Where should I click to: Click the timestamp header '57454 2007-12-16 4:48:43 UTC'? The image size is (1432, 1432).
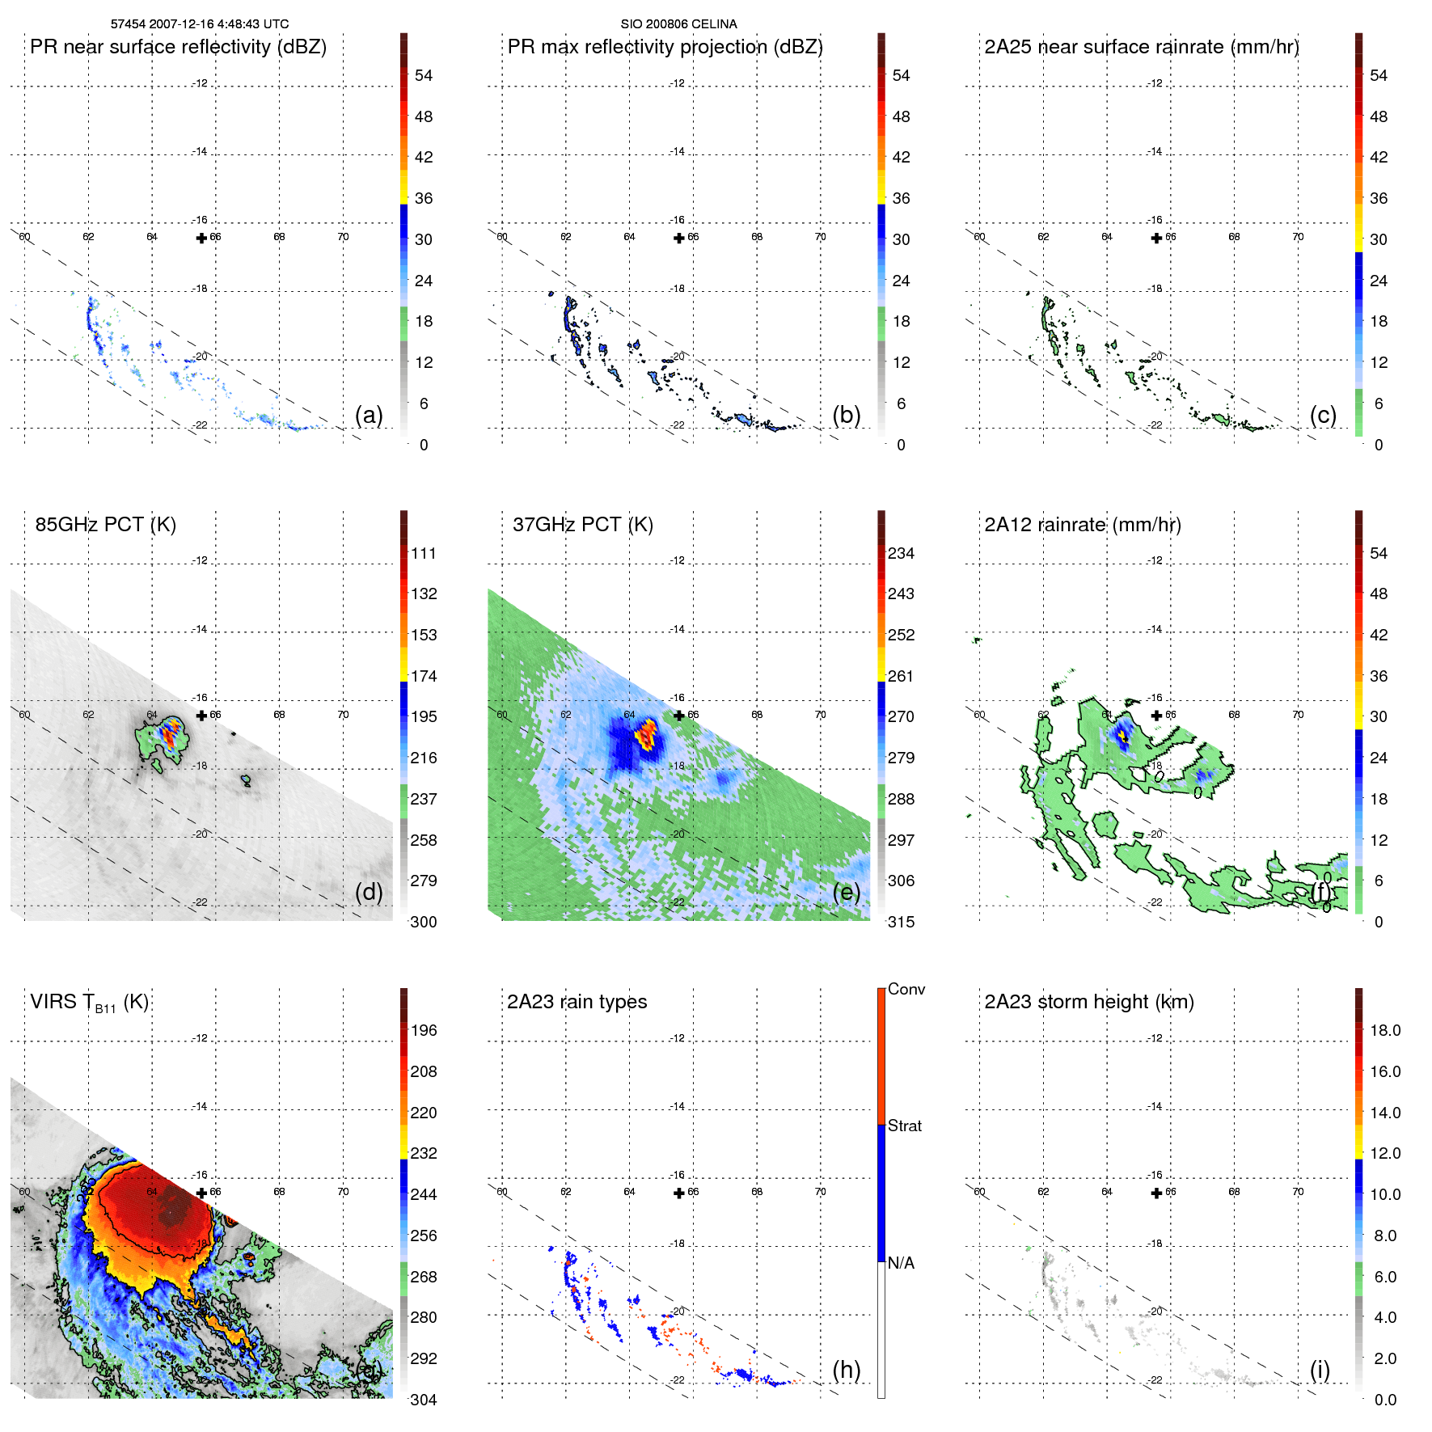click(200, 24)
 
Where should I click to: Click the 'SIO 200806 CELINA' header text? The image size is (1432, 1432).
click(678, 24)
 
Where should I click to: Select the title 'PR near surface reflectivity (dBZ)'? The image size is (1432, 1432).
click(178, 47)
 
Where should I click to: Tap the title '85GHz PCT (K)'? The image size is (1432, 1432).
click(105, 524)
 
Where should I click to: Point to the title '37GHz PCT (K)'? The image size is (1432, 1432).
click(582, 524)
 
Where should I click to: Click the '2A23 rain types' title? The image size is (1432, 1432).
click(577, 1002)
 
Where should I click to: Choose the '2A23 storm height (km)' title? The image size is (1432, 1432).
click(1088, 1002)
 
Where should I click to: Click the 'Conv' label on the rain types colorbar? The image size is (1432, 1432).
click(906, 989)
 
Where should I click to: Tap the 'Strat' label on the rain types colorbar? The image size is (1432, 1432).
click(904, 1126)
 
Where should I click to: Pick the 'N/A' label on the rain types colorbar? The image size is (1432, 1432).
click(901, 1263)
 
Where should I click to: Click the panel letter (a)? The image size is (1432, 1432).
click(369, 415)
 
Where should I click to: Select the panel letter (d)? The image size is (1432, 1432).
click(369, 892)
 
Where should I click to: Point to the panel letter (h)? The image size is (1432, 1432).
click(846, 1370)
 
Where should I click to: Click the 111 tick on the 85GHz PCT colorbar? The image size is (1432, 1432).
click(424, 553)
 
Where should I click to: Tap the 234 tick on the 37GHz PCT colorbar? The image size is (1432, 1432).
click(901, 553)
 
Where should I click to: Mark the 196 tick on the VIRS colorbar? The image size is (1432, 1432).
click(424, 1030)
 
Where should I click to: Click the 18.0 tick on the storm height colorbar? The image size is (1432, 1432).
click(1384, 1030)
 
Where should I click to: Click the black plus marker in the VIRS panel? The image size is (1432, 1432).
click(201, 1193)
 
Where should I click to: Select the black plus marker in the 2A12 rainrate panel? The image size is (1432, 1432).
click(1156, 716)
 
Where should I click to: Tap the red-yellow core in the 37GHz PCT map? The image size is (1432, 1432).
click(647, 736)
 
